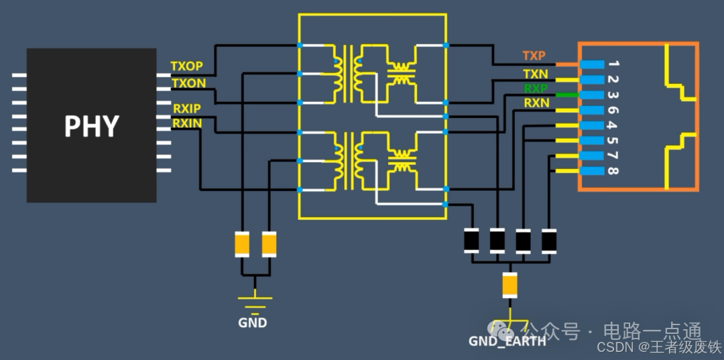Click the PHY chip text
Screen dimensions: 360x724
(x=91, y=126)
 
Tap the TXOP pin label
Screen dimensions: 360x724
(x=186, y=67)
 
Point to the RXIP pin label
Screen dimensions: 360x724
(x=186, y=109)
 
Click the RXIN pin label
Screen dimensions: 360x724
(x=186, y=123)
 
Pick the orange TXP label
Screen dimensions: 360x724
(x=534, y=56)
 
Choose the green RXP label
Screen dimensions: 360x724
(x=535, y=88)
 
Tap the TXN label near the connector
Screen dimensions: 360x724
(x=535, y=73)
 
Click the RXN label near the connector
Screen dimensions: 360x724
(x=536, y=103)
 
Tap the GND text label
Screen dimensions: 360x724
(x=253, y=323)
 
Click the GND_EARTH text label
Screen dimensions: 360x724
(x=507, y=341)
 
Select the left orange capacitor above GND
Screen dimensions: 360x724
(x=242, y=244)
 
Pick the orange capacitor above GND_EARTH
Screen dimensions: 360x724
(x=510, y=285)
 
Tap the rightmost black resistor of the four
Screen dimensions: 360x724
(x=549, y=240)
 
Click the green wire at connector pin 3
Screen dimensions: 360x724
(x=566, y=95)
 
